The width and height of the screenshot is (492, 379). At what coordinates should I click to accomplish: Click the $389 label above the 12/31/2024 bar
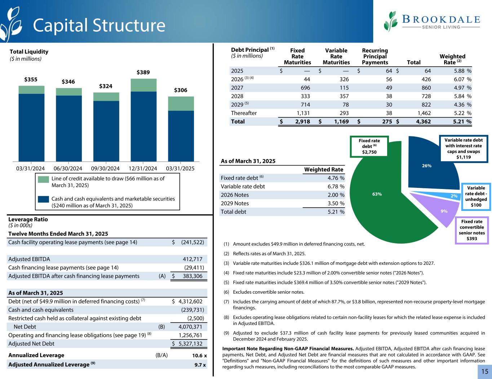coord(143,72)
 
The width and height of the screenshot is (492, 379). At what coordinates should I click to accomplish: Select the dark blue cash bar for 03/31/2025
coord(181,136)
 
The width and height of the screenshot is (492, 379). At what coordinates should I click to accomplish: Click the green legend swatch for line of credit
coord(43,180)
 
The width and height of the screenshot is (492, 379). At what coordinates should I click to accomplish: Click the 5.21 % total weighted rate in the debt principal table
coord(462,121)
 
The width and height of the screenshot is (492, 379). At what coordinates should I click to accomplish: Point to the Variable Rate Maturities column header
coord(336,57)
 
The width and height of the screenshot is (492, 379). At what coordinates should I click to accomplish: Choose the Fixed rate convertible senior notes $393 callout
coord(471,230)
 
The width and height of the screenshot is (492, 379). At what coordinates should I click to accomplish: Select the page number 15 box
coord(484,371)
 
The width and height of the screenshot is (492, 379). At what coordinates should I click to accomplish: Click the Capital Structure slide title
coord(99,25)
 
